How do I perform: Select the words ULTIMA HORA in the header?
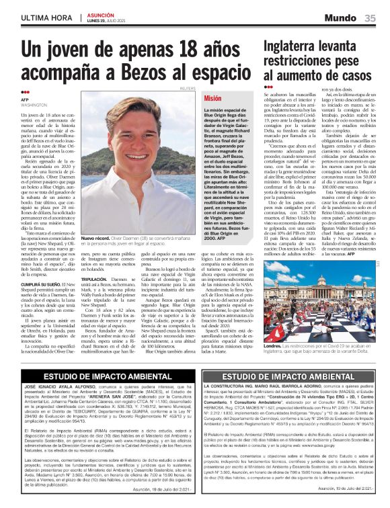click(x=47, y=17)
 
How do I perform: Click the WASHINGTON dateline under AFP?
click(x=34, y=106)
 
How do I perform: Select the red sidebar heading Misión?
click(x=212, y=98)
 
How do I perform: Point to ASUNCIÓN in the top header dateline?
click(x=99, y=14)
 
